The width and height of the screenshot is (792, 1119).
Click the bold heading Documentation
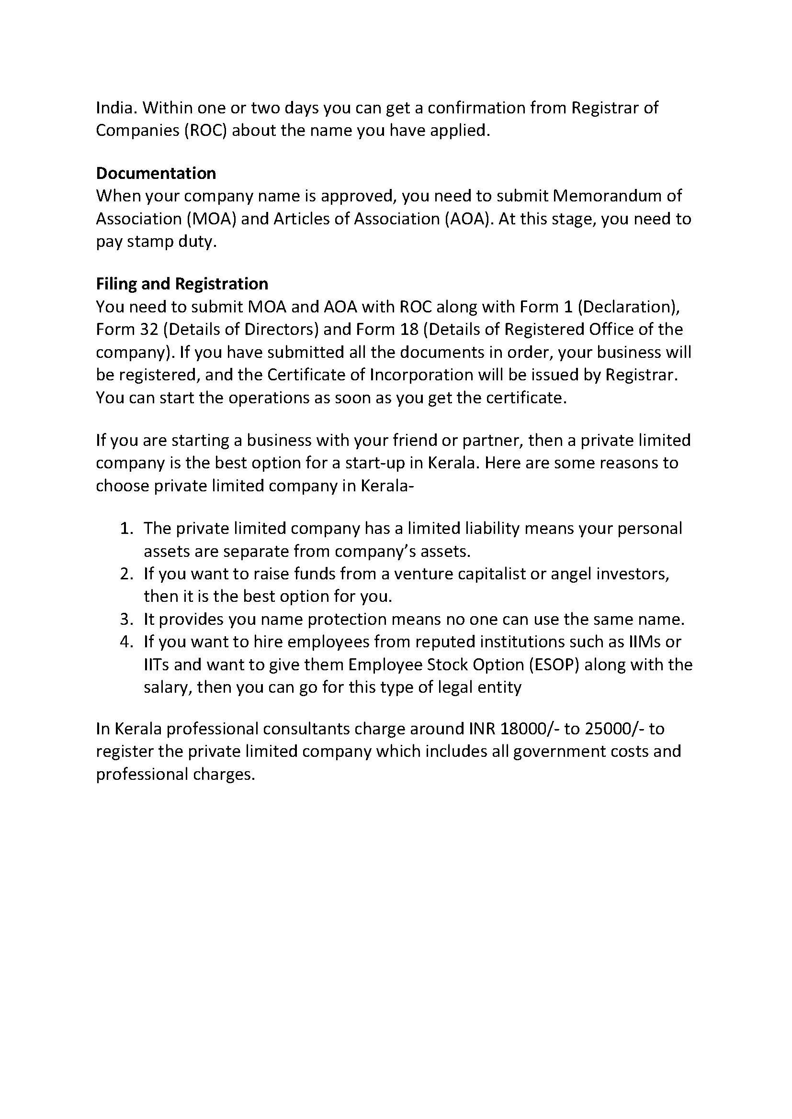(x=156, y=173)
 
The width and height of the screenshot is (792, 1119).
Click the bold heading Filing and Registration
(x=181, y=284)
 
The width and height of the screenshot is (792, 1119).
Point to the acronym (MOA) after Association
(x=211, y=219)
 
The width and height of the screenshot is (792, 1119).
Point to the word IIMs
(x=642, y=642)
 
